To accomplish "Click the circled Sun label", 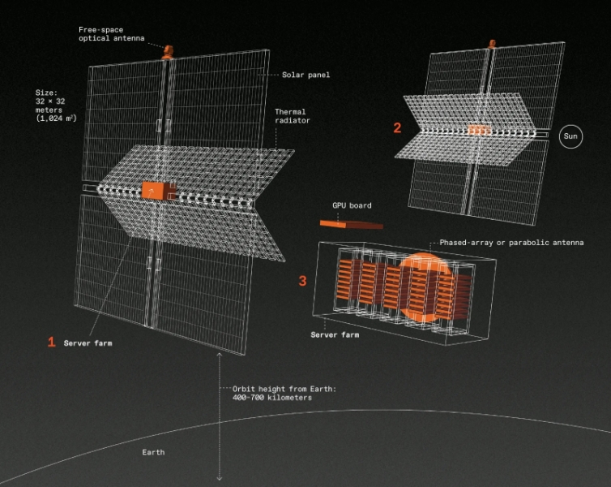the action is [x=570, y=136].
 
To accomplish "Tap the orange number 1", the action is [x=51, y=342].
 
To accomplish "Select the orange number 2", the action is [x=397, y=127].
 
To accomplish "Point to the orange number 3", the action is [x=302, y=281].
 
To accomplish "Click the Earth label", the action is [x=153, y=452].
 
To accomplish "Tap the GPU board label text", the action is [x=352, y=205].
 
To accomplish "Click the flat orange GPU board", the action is [x=352, y=224].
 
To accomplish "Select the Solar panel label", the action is [x=305, y=75].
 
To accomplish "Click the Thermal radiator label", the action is [x=293, y=116].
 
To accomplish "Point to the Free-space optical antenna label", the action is [x=112, y=34].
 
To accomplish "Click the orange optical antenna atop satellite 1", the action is [x=168, y=52].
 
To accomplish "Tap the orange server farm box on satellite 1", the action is [x=158, y=191].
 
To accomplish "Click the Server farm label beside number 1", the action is [x=88, y=343].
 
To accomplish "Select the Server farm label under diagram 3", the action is [x=335, y=334].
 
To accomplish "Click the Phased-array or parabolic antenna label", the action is [x=511, y=243].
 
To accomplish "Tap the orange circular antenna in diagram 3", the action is [x=425, y=287].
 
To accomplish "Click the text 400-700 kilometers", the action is [x=272, y=398].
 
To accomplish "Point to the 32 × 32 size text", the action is [x=50, y=101].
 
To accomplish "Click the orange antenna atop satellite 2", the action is [x=492, y=44].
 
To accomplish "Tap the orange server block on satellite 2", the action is [x=479, y=130].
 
